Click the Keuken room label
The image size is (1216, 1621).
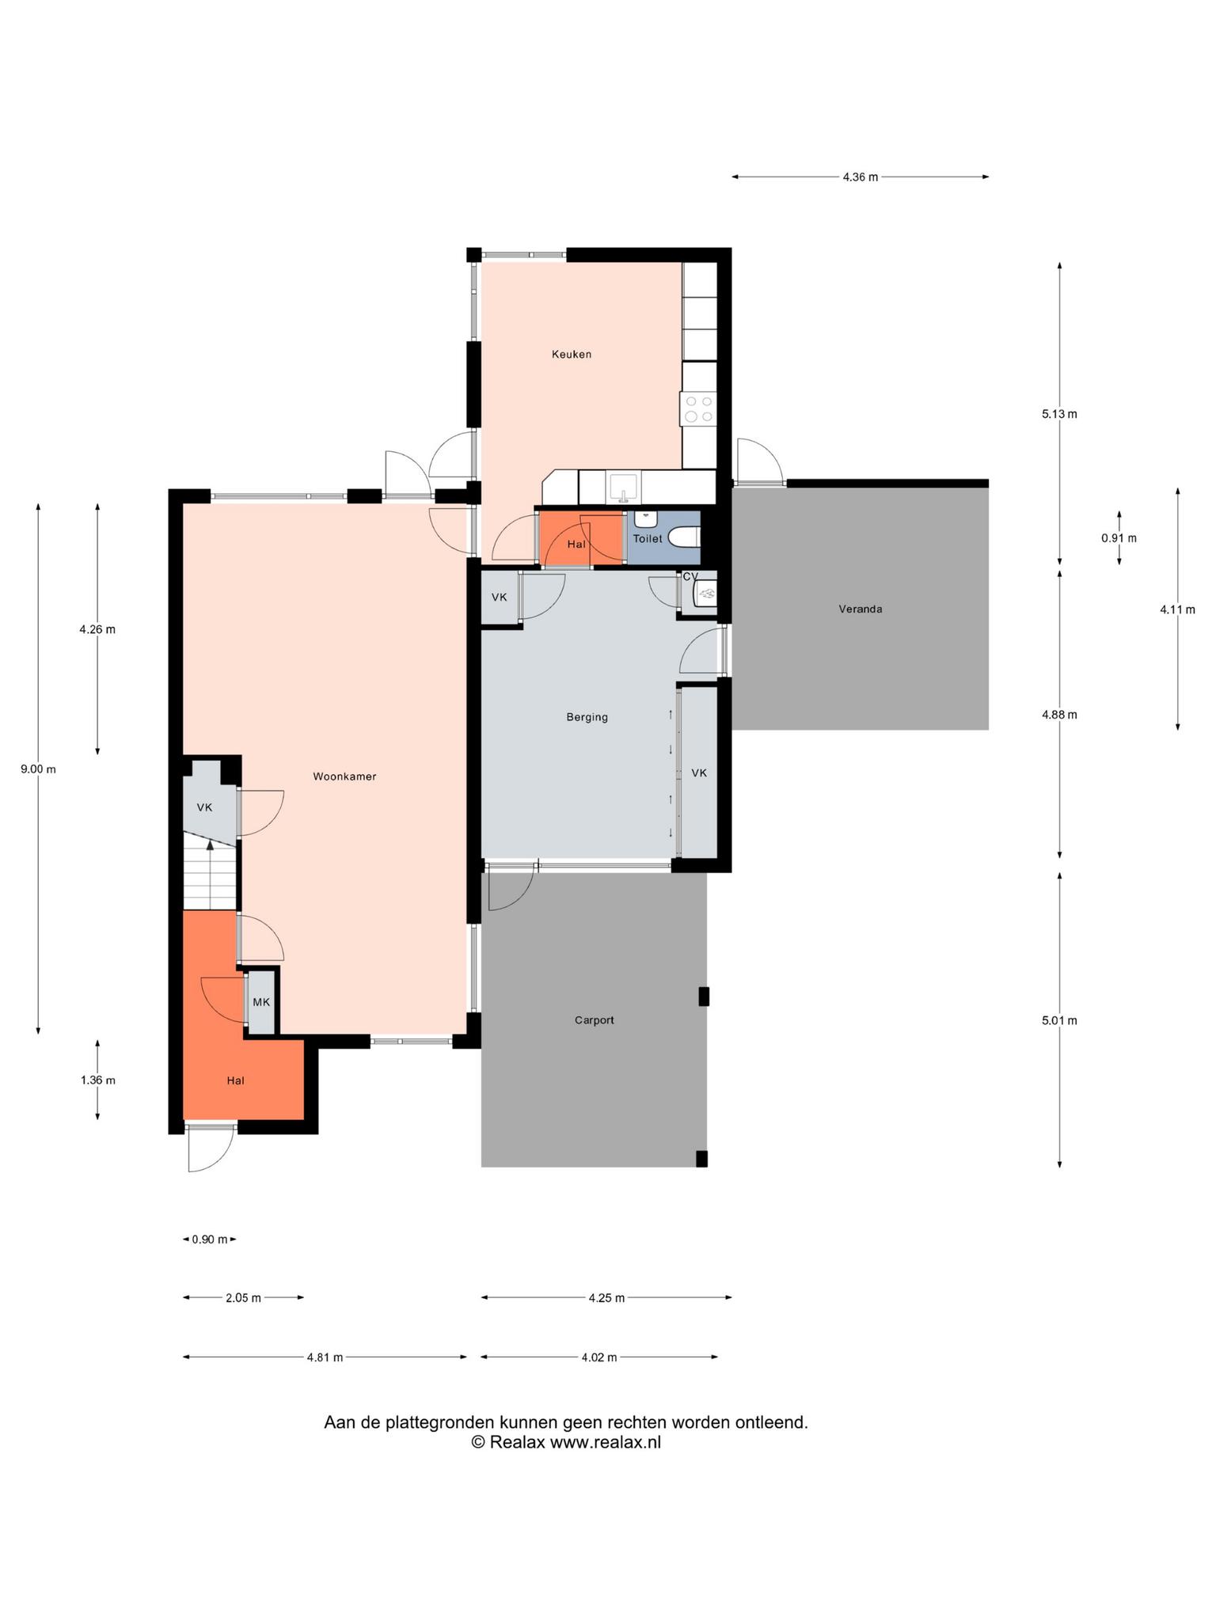click(572, 355)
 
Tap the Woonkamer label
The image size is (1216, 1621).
click(344, 776)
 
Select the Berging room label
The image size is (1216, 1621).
click(587, 717)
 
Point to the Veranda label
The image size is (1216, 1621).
click(861, 609)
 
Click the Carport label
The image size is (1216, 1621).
click(595, 1020)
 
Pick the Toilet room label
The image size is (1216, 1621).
click(648, 538)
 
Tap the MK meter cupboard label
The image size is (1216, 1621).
click(261, 1002)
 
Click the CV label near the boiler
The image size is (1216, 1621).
click(690, 576)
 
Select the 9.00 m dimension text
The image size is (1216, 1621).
click(38, 769)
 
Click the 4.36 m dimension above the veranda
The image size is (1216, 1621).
click(861, 177)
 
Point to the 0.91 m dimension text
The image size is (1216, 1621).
click(1119, 538)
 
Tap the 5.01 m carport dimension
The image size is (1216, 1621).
click(1059, 1020)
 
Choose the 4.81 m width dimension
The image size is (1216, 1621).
click(325, 1357)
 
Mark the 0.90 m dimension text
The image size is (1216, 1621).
click(210, 1239)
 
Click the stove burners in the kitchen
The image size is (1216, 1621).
click(699, 408)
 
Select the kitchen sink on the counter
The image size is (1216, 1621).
click(624, 488)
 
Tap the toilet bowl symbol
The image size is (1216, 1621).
click(686, 538)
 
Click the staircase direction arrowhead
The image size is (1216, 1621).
click(210, 845)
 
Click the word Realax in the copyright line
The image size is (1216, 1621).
click(518, 1442)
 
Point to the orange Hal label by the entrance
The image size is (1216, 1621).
click(235, 1080)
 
